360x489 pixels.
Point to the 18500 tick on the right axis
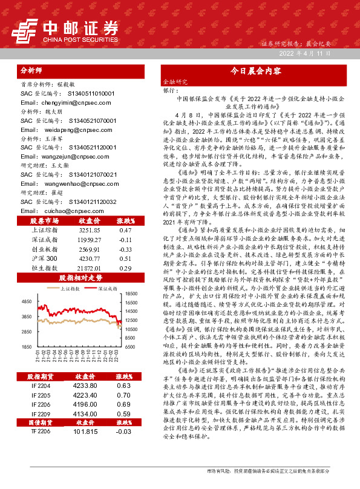(133, 293)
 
